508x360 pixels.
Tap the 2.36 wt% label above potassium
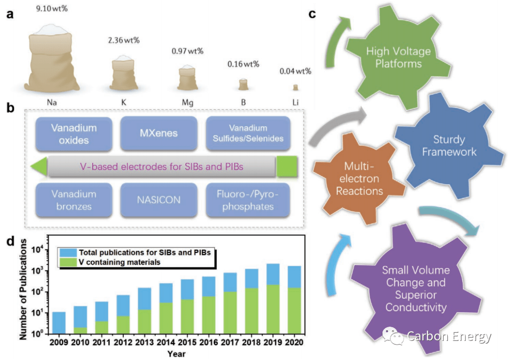click(x=124, y=40)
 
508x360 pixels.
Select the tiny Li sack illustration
click(x=295, y=87)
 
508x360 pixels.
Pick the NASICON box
click(x=159, y=200)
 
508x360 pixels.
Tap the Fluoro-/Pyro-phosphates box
click(x=247, y=200)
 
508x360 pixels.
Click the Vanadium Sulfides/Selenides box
click(x=247, y=133)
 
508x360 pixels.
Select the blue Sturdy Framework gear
click(x=449, y=146)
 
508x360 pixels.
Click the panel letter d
click(x=10, y=242)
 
